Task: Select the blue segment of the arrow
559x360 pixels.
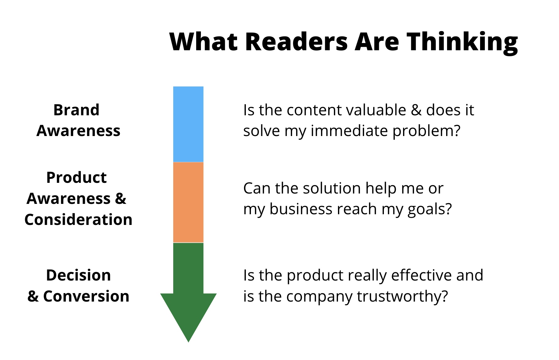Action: (x=188, y=124)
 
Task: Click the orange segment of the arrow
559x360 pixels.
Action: (x=188, y=202)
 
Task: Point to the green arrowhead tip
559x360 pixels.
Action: (x=188, y=342)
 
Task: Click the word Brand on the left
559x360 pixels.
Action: (x=76, y=110)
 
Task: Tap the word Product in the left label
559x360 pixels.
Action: (x=76, y=178)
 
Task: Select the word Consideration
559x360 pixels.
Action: (x=78, y=220)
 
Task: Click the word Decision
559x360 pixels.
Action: (x=78, y=275)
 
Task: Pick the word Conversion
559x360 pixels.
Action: (x=86, y=296)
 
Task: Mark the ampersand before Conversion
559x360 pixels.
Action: (x=33, y=296)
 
